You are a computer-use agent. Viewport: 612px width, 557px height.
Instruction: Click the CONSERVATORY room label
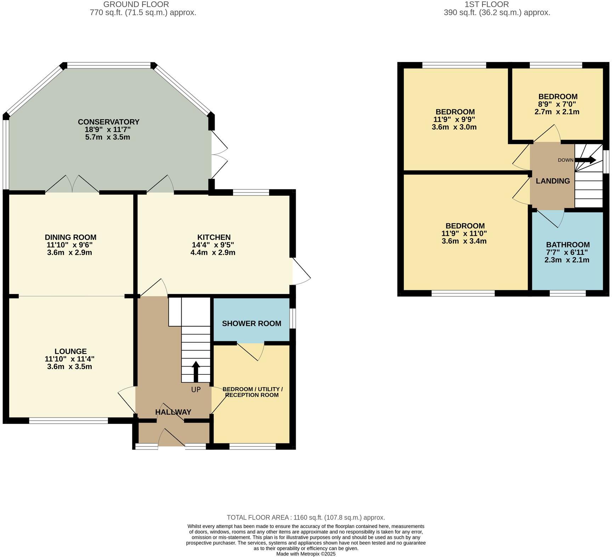pyautogui.click(x=108, y=122)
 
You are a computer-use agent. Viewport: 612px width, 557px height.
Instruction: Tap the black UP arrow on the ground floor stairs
pyautogui.click(x=195, y=372)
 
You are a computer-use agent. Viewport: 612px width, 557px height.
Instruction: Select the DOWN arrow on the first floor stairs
pyautogui.click(x=585, y=160)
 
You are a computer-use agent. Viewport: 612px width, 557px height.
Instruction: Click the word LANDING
pyautogui.click(x=552, y=181)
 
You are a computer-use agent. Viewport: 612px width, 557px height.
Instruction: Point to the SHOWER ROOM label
pyautogui.click(x=251, y=323)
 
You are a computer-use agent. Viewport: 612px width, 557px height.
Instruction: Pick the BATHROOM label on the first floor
pyautogui.click(x=567, y=245)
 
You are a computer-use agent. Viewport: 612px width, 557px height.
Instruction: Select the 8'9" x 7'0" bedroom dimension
pyautogui.click(x=557, y=104)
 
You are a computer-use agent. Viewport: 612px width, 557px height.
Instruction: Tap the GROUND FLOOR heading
pyautogui.click(x=136, y=4)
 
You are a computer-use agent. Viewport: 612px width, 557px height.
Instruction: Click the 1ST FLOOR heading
pyautogui.click(x=486, y=4)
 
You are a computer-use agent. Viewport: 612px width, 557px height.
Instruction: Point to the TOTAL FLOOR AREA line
pyautogui.click(x=306, y=517)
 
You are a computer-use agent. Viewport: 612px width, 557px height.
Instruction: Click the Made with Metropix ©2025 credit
pyautogui.click(x=306, y=554)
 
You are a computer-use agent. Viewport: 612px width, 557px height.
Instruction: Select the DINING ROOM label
pyautogui.click(x=70, y=237)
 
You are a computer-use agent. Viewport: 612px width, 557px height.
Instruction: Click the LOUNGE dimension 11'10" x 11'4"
pyautogui.click(x=69, y=359)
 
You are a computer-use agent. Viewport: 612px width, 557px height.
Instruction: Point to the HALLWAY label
pyautogui.click(x=173, y=412)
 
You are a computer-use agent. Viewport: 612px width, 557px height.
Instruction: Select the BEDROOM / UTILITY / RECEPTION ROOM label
pyautogui.click(x=252, y=392)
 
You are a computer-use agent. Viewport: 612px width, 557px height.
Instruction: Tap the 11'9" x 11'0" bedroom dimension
pyautogui.click(x=464, y=234)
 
